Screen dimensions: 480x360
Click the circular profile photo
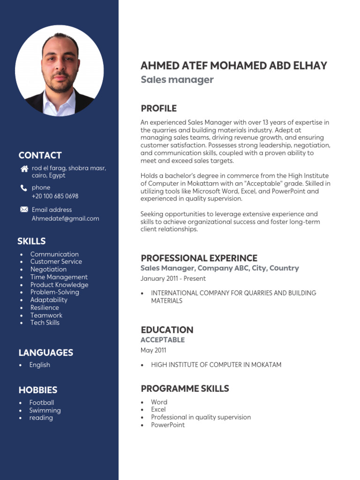59,70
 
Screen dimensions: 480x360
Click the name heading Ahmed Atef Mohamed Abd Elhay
233,66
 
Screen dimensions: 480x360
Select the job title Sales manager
177,80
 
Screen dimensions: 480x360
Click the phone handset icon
24,188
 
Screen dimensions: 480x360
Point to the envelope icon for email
24,210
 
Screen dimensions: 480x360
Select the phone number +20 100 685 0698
55,196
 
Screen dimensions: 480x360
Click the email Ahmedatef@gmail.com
65,218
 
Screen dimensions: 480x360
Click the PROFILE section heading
158,108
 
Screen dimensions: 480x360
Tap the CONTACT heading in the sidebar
40,155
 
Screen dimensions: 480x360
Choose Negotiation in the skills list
48,269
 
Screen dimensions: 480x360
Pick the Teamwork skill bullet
46,315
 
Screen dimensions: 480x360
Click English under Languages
39,365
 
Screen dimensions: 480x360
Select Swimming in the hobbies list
45,410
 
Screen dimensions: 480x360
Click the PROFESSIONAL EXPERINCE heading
199,258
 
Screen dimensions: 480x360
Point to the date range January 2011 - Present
173,278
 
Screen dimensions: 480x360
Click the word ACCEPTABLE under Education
162,340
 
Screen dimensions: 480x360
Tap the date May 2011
153,350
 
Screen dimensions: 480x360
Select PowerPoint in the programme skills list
168,425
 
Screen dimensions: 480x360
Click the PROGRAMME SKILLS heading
185,388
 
